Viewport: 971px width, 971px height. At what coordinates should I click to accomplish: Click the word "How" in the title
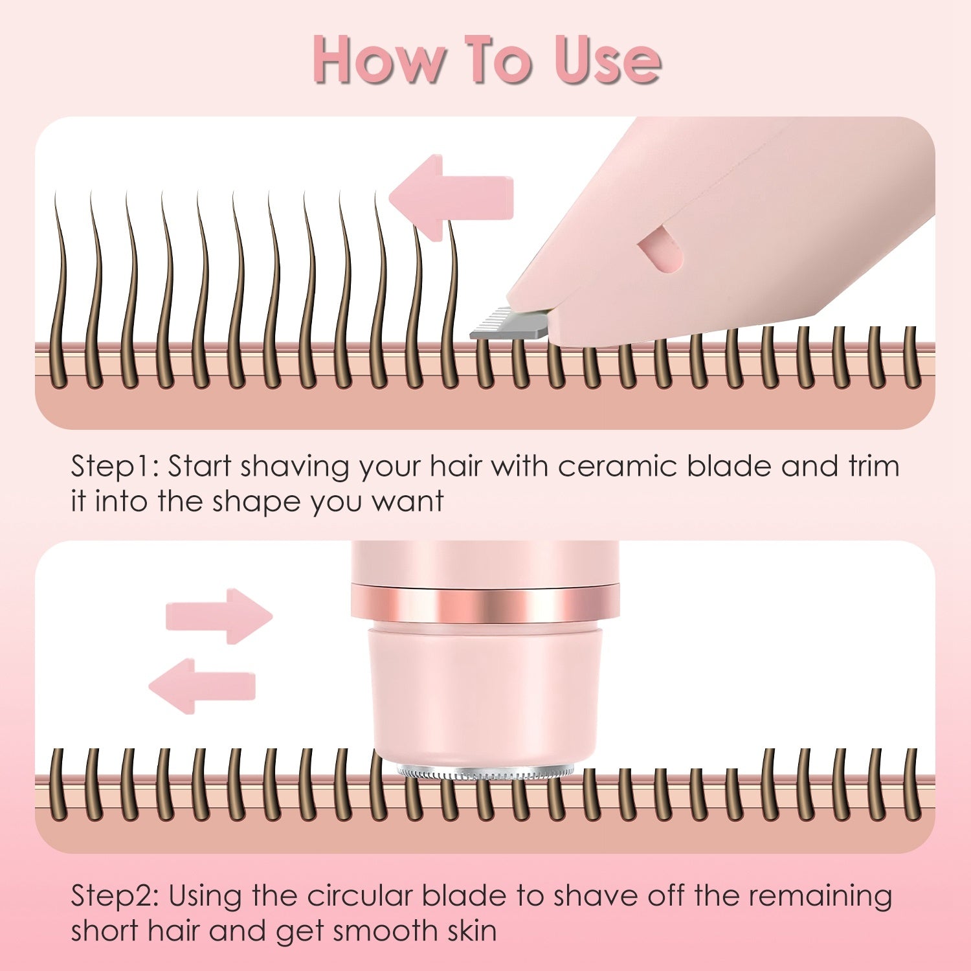pyautogui.click(x=376, y=60)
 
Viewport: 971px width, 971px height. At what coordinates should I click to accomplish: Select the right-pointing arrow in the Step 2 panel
pyautogui.click(x=219, y=616)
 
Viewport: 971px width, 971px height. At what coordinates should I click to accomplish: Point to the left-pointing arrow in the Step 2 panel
pyautogui.click(x=203, y=686)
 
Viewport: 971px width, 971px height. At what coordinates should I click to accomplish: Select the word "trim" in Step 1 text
pyautogui.click(x=873, y=467)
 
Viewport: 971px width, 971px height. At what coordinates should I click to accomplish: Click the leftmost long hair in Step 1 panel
pyautogui.click(x=60, y=291)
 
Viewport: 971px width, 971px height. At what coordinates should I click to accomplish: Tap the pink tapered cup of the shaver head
pyautogui.click(x=485, y=693)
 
